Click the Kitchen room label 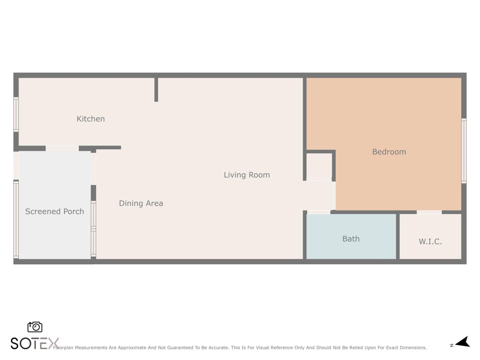coord(90,119)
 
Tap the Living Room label coord(247,175)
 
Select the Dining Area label coord(141,203)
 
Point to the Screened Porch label coord(54,211)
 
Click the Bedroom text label coord(389,152)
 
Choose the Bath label coord(351,239)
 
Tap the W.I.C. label coord(430,241)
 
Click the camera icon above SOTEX coord(35,327)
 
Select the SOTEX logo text coord(35,343)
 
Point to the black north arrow coord(463,342)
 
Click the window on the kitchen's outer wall coord(16,114)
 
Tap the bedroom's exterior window coord(464,151)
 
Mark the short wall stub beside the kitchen coord(156,90)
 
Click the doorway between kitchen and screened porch coord(62,148)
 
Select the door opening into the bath coord(319,212)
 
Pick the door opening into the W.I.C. coord(429,212)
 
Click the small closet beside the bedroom coord(319,165)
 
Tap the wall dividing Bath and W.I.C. coord(398,237)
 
